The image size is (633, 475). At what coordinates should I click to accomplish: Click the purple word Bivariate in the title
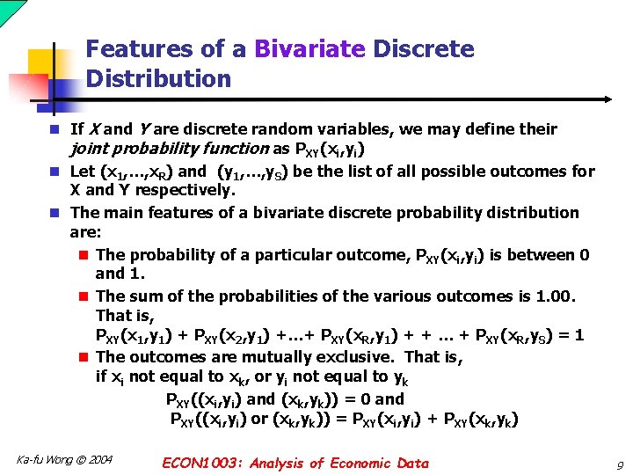coord(309,49)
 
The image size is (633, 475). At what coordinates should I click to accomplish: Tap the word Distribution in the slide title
coord(158,79)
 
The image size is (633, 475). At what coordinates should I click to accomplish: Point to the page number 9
coord(619,464)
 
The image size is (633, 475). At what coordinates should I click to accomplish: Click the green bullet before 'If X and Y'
coord(55,129)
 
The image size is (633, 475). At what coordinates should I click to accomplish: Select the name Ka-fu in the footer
coord(31,460)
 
